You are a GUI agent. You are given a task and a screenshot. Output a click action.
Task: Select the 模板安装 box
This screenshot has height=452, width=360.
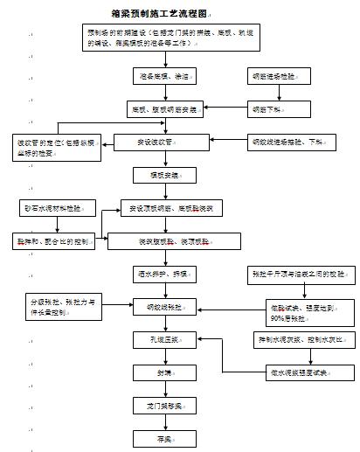pyautogui.click(x=158, y=175)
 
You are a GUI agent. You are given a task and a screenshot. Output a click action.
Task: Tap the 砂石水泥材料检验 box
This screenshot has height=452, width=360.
pyautogui.click(x=52, y=208)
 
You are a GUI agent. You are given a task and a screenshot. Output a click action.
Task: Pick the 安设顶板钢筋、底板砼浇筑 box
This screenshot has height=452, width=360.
pyautogui.click(x=171, y=208)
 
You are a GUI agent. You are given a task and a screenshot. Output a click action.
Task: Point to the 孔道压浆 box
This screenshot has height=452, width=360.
pyautogui.click(x=158, y=339)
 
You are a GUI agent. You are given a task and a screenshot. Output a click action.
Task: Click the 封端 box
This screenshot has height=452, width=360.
pyautogui.click(x=158, y=372)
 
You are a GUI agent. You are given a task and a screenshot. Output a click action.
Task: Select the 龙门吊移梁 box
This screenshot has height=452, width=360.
pyautogui.click(x=158, y=406)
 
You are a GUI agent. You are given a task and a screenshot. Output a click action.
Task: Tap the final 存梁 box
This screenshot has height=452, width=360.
pyautogui.click(x=158, y=438)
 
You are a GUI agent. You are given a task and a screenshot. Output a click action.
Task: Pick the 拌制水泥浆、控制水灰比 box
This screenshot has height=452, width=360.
pyautogui.click(x=294, y=339)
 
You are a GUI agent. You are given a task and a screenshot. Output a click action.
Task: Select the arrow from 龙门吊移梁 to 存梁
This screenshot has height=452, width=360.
pyautogui.click(x=158, y=421)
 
